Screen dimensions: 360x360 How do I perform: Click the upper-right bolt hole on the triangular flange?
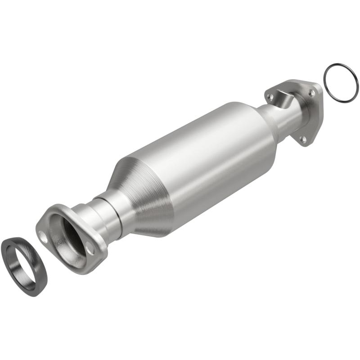[311, 92]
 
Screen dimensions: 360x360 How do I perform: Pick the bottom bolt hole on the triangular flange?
[304, 139]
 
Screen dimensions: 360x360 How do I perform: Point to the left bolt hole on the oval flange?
[43, 234]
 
